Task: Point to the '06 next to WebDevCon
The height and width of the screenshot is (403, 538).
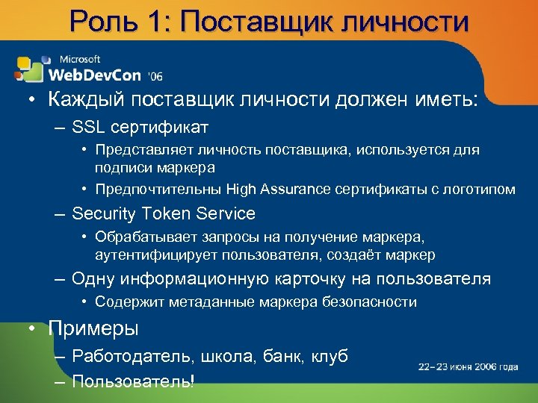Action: click(x=155, y=76)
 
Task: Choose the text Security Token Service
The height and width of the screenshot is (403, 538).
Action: click(x=164, y=214)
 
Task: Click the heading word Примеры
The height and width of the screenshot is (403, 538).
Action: click(x=94, y=328)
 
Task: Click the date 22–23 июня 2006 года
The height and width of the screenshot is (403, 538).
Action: click(x=468, y=366)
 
